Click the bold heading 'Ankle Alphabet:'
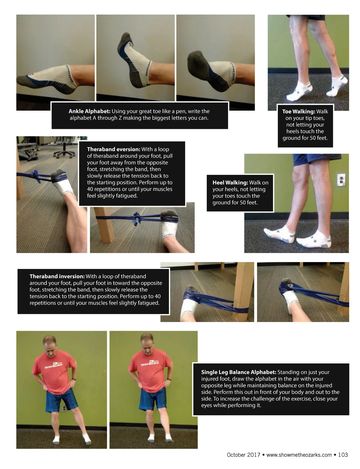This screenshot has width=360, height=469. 89,111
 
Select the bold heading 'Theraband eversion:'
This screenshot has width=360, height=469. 113,149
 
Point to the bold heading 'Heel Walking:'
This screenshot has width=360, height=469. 230,182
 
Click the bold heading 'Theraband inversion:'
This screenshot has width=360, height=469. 57,276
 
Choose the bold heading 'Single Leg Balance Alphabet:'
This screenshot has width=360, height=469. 238,372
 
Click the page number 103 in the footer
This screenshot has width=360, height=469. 343,455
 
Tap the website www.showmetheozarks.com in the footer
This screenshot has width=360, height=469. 299,455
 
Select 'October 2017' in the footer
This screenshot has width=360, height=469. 244,455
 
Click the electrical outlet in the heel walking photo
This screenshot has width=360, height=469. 341,180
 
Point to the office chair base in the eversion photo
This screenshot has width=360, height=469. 64,154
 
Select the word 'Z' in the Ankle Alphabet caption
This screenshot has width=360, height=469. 120,118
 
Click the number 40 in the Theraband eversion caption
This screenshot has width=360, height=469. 90,189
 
